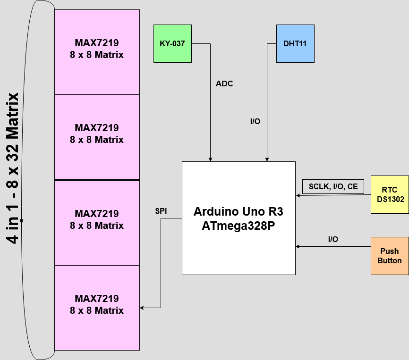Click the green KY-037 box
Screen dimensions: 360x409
[x=172, y=43]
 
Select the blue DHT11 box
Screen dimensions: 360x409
[x=295, y=43]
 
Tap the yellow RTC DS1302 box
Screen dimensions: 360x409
[x=390, y=194]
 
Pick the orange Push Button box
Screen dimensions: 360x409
[x=390, y=256]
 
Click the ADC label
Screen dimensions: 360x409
[x=224, y=84]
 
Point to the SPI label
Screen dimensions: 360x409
[x=161, y=211]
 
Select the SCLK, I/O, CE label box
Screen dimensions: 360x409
[x=333, y=186]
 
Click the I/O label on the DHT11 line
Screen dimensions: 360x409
[x=255, y=122]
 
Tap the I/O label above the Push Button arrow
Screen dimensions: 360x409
[x=333, y=240]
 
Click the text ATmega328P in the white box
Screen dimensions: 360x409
[x=239, y=226]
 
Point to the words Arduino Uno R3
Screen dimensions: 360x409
[x=239, y=211]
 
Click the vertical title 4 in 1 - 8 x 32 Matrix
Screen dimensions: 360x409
[x=13, y=167]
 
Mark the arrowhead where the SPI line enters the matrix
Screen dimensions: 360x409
[x=142, y=308]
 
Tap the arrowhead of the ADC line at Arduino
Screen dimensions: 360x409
[x=210, y=159]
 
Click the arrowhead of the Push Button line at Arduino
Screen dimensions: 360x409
[x=298, y=246]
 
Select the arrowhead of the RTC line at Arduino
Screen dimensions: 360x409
[x=298, y=195]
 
